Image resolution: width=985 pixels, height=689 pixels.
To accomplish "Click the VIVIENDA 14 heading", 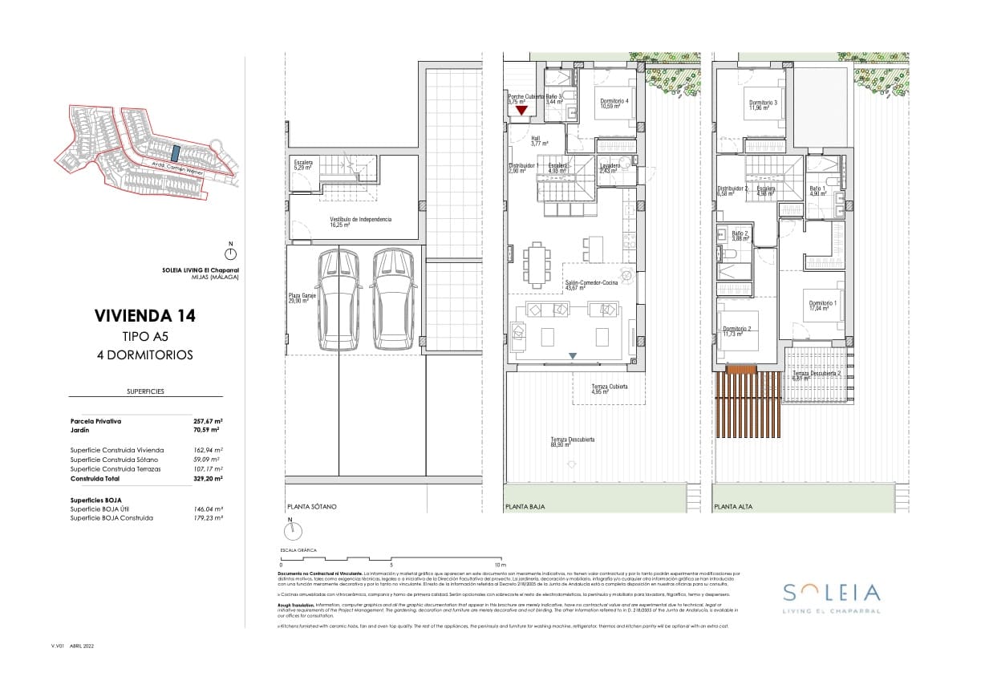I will point(144,316).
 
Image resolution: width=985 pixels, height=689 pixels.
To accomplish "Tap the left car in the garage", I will point(339,300).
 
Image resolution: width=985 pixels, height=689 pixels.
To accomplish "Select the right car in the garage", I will point(393,300).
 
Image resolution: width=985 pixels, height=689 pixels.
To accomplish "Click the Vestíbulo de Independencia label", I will point(360,221).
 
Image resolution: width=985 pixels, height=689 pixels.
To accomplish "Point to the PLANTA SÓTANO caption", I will point(312,507).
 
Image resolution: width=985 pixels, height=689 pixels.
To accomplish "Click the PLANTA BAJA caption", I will point(525,507).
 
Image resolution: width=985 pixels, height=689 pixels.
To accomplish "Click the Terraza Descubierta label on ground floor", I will point(572,441).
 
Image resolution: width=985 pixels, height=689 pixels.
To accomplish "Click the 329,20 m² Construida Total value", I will point(207,478).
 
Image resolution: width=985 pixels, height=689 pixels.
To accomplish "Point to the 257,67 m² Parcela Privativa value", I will point(207,420).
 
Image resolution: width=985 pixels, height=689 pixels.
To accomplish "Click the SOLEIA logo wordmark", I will point(831,594).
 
